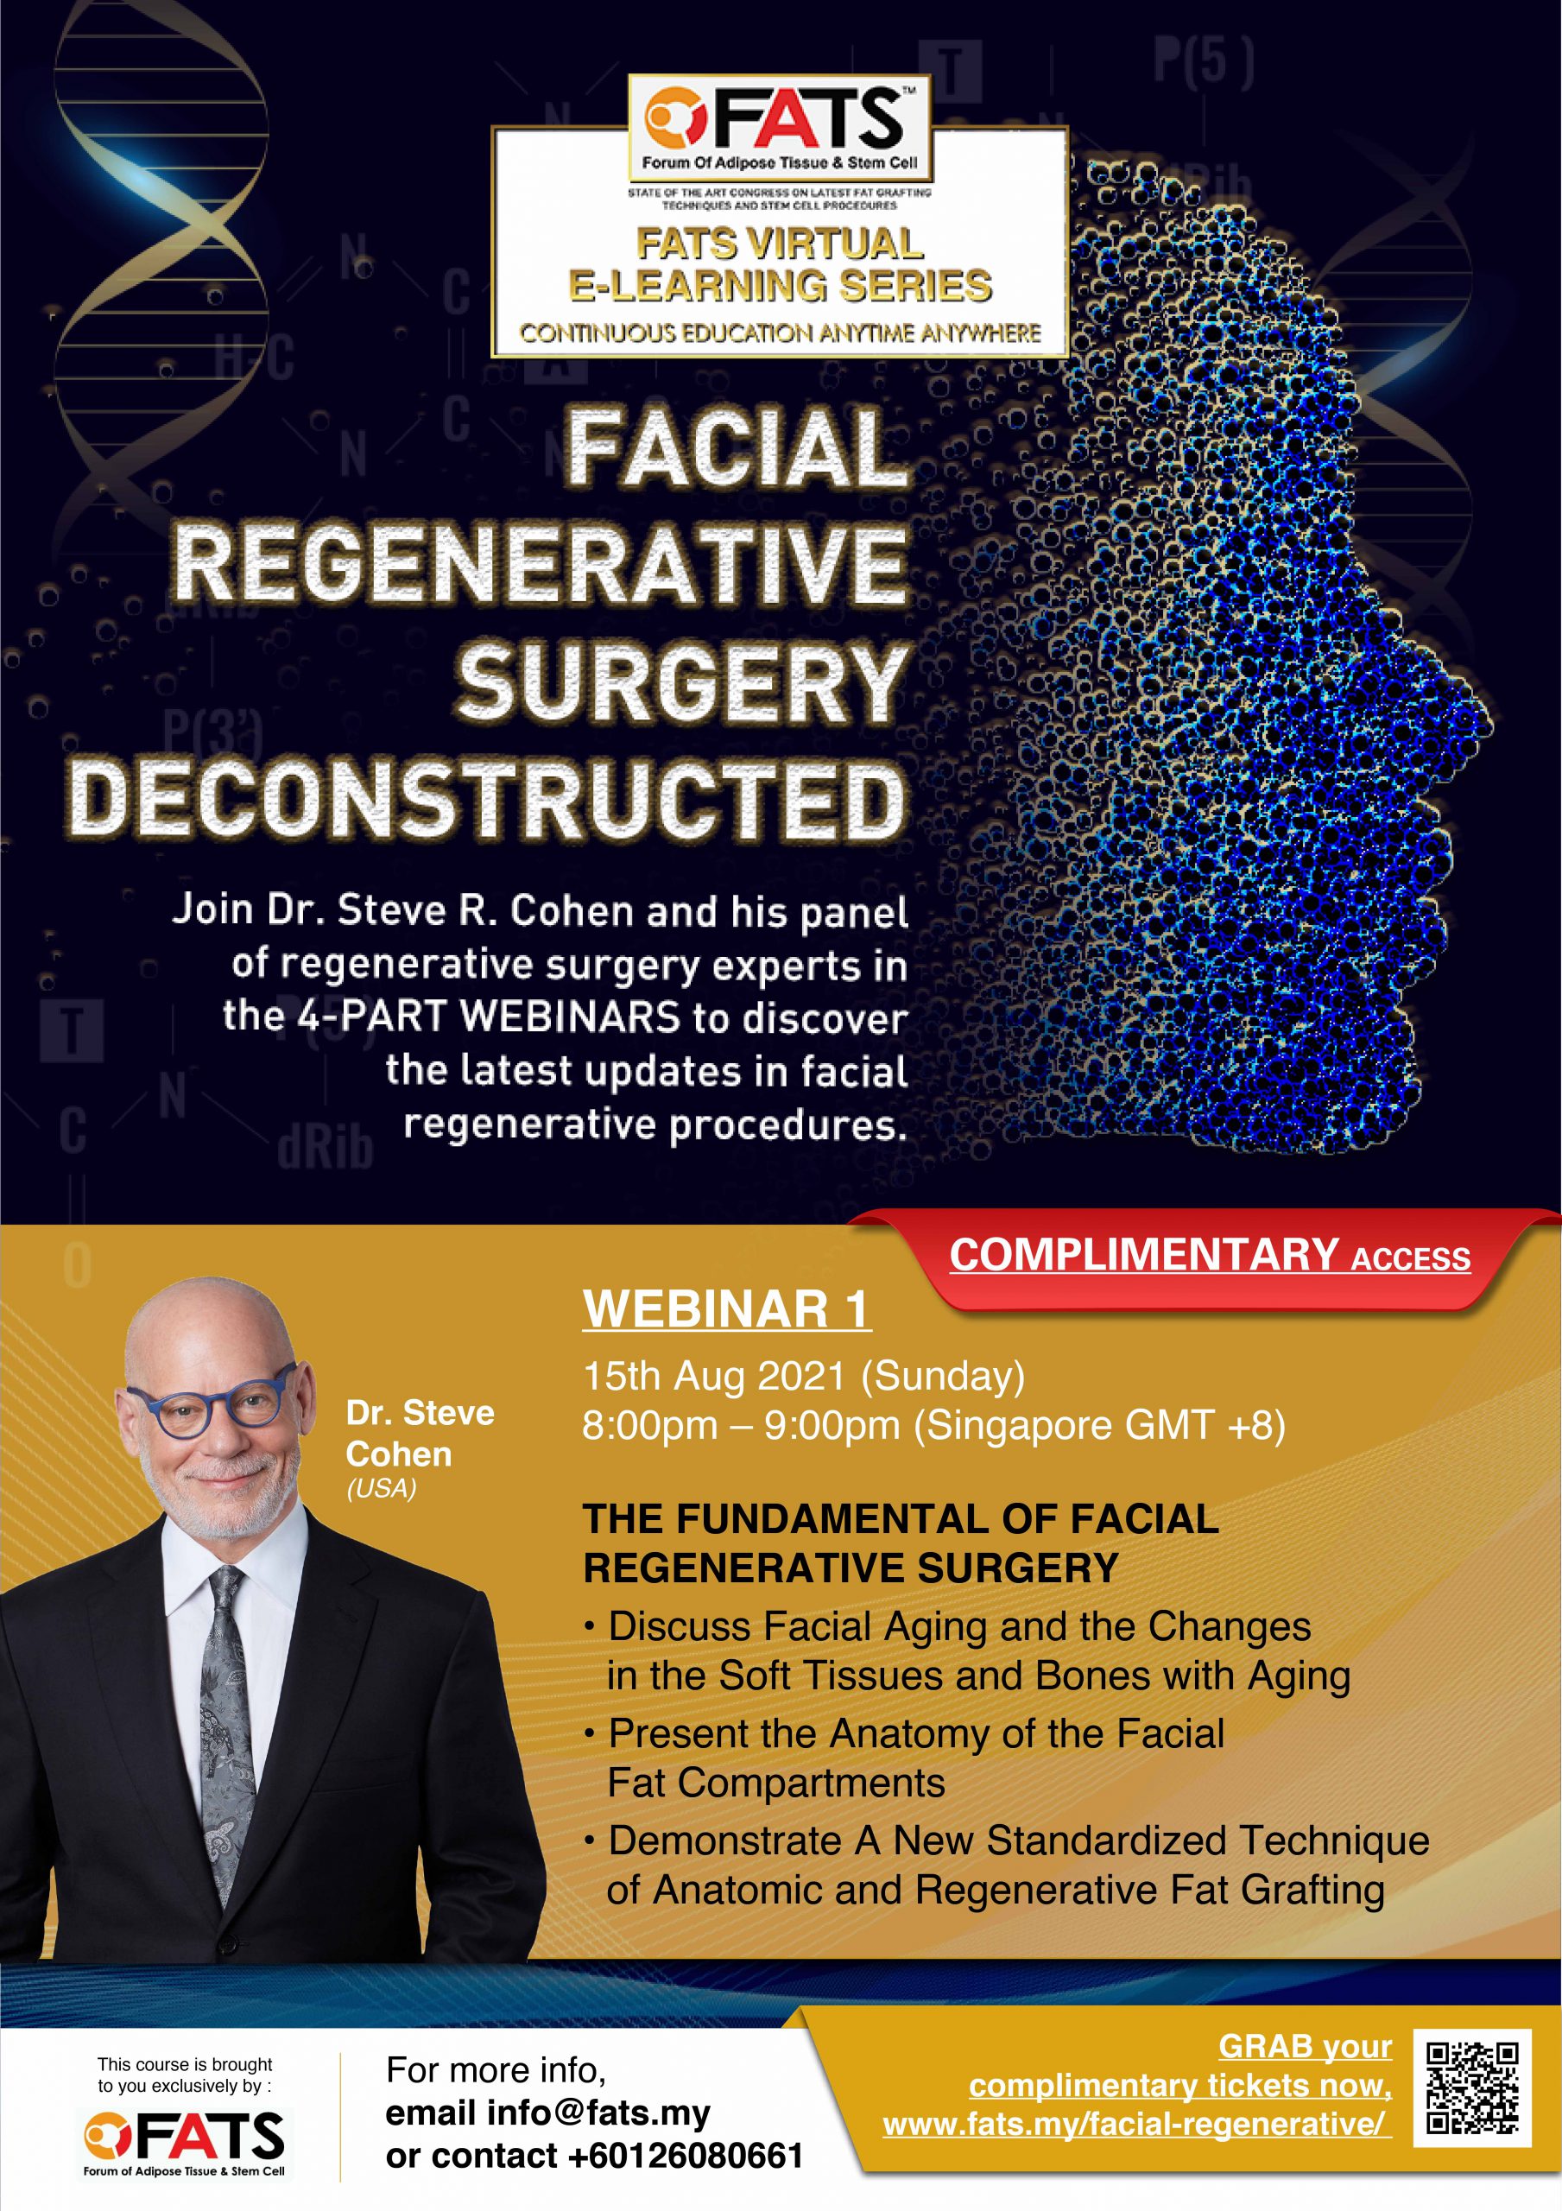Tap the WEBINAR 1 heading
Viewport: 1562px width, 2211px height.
pos(726,1309)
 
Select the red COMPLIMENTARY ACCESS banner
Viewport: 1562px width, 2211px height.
pos(1210,1257)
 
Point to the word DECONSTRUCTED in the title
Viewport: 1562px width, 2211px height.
pos(487,799)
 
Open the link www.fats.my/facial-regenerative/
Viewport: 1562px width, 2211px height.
pos(1136,2125)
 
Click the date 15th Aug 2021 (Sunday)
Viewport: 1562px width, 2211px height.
pos(804,1376)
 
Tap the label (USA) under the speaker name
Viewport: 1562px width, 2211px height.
pos(382,1489)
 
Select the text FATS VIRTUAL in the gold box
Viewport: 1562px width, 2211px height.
pos(780,244)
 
